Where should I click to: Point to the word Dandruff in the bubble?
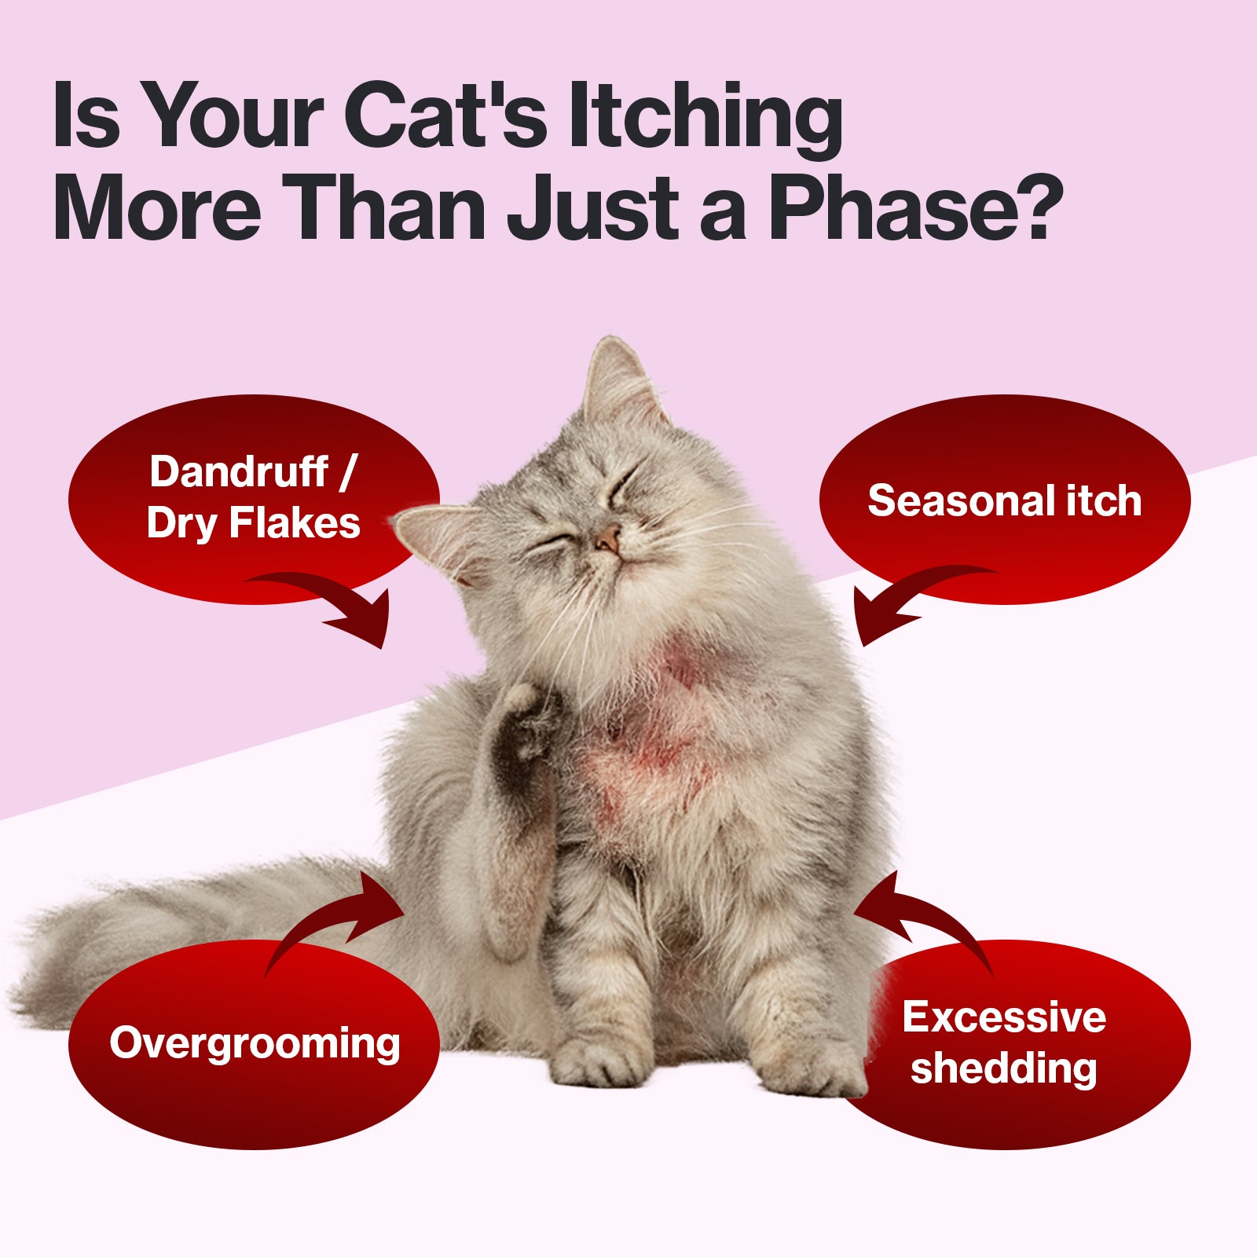[239, 471]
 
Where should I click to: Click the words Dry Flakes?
[254, 523]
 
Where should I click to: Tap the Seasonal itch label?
[1004, 500]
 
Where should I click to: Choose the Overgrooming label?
[255, 1044]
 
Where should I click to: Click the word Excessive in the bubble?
[1004, 1017]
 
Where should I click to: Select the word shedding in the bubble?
[1003, 1069]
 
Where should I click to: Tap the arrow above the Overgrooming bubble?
[330, 915]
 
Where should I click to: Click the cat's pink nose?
[608, 538]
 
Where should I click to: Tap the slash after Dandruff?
[346, 472]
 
